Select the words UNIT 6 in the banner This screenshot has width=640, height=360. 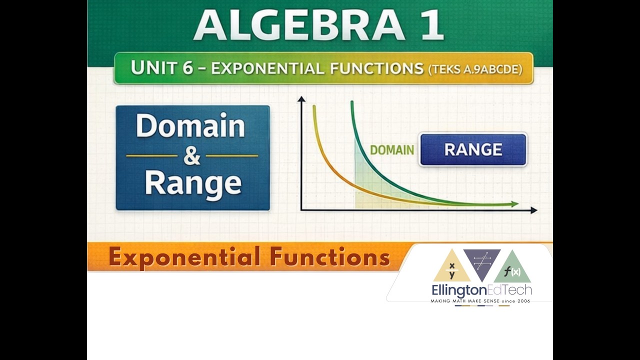coord(161,68)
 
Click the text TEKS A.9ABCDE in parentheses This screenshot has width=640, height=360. coord(475,69)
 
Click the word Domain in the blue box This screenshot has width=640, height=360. coord(190,126)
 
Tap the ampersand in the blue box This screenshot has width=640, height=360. coord(191,155)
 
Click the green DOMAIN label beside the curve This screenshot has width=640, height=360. coord(391,149)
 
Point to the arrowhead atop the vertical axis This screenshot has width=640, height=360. coord(301,99)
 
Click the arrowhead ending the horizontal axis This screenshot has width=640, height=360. coord(533,210)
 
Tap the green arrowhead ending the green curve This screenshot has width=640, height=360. coord(514,204)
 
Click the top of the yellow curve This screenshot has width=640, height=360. coord(314,107)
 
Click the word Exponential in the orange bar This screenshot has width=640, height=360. coord(184,257)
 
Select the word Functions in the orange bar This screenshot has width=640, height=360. coord(329,257)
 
